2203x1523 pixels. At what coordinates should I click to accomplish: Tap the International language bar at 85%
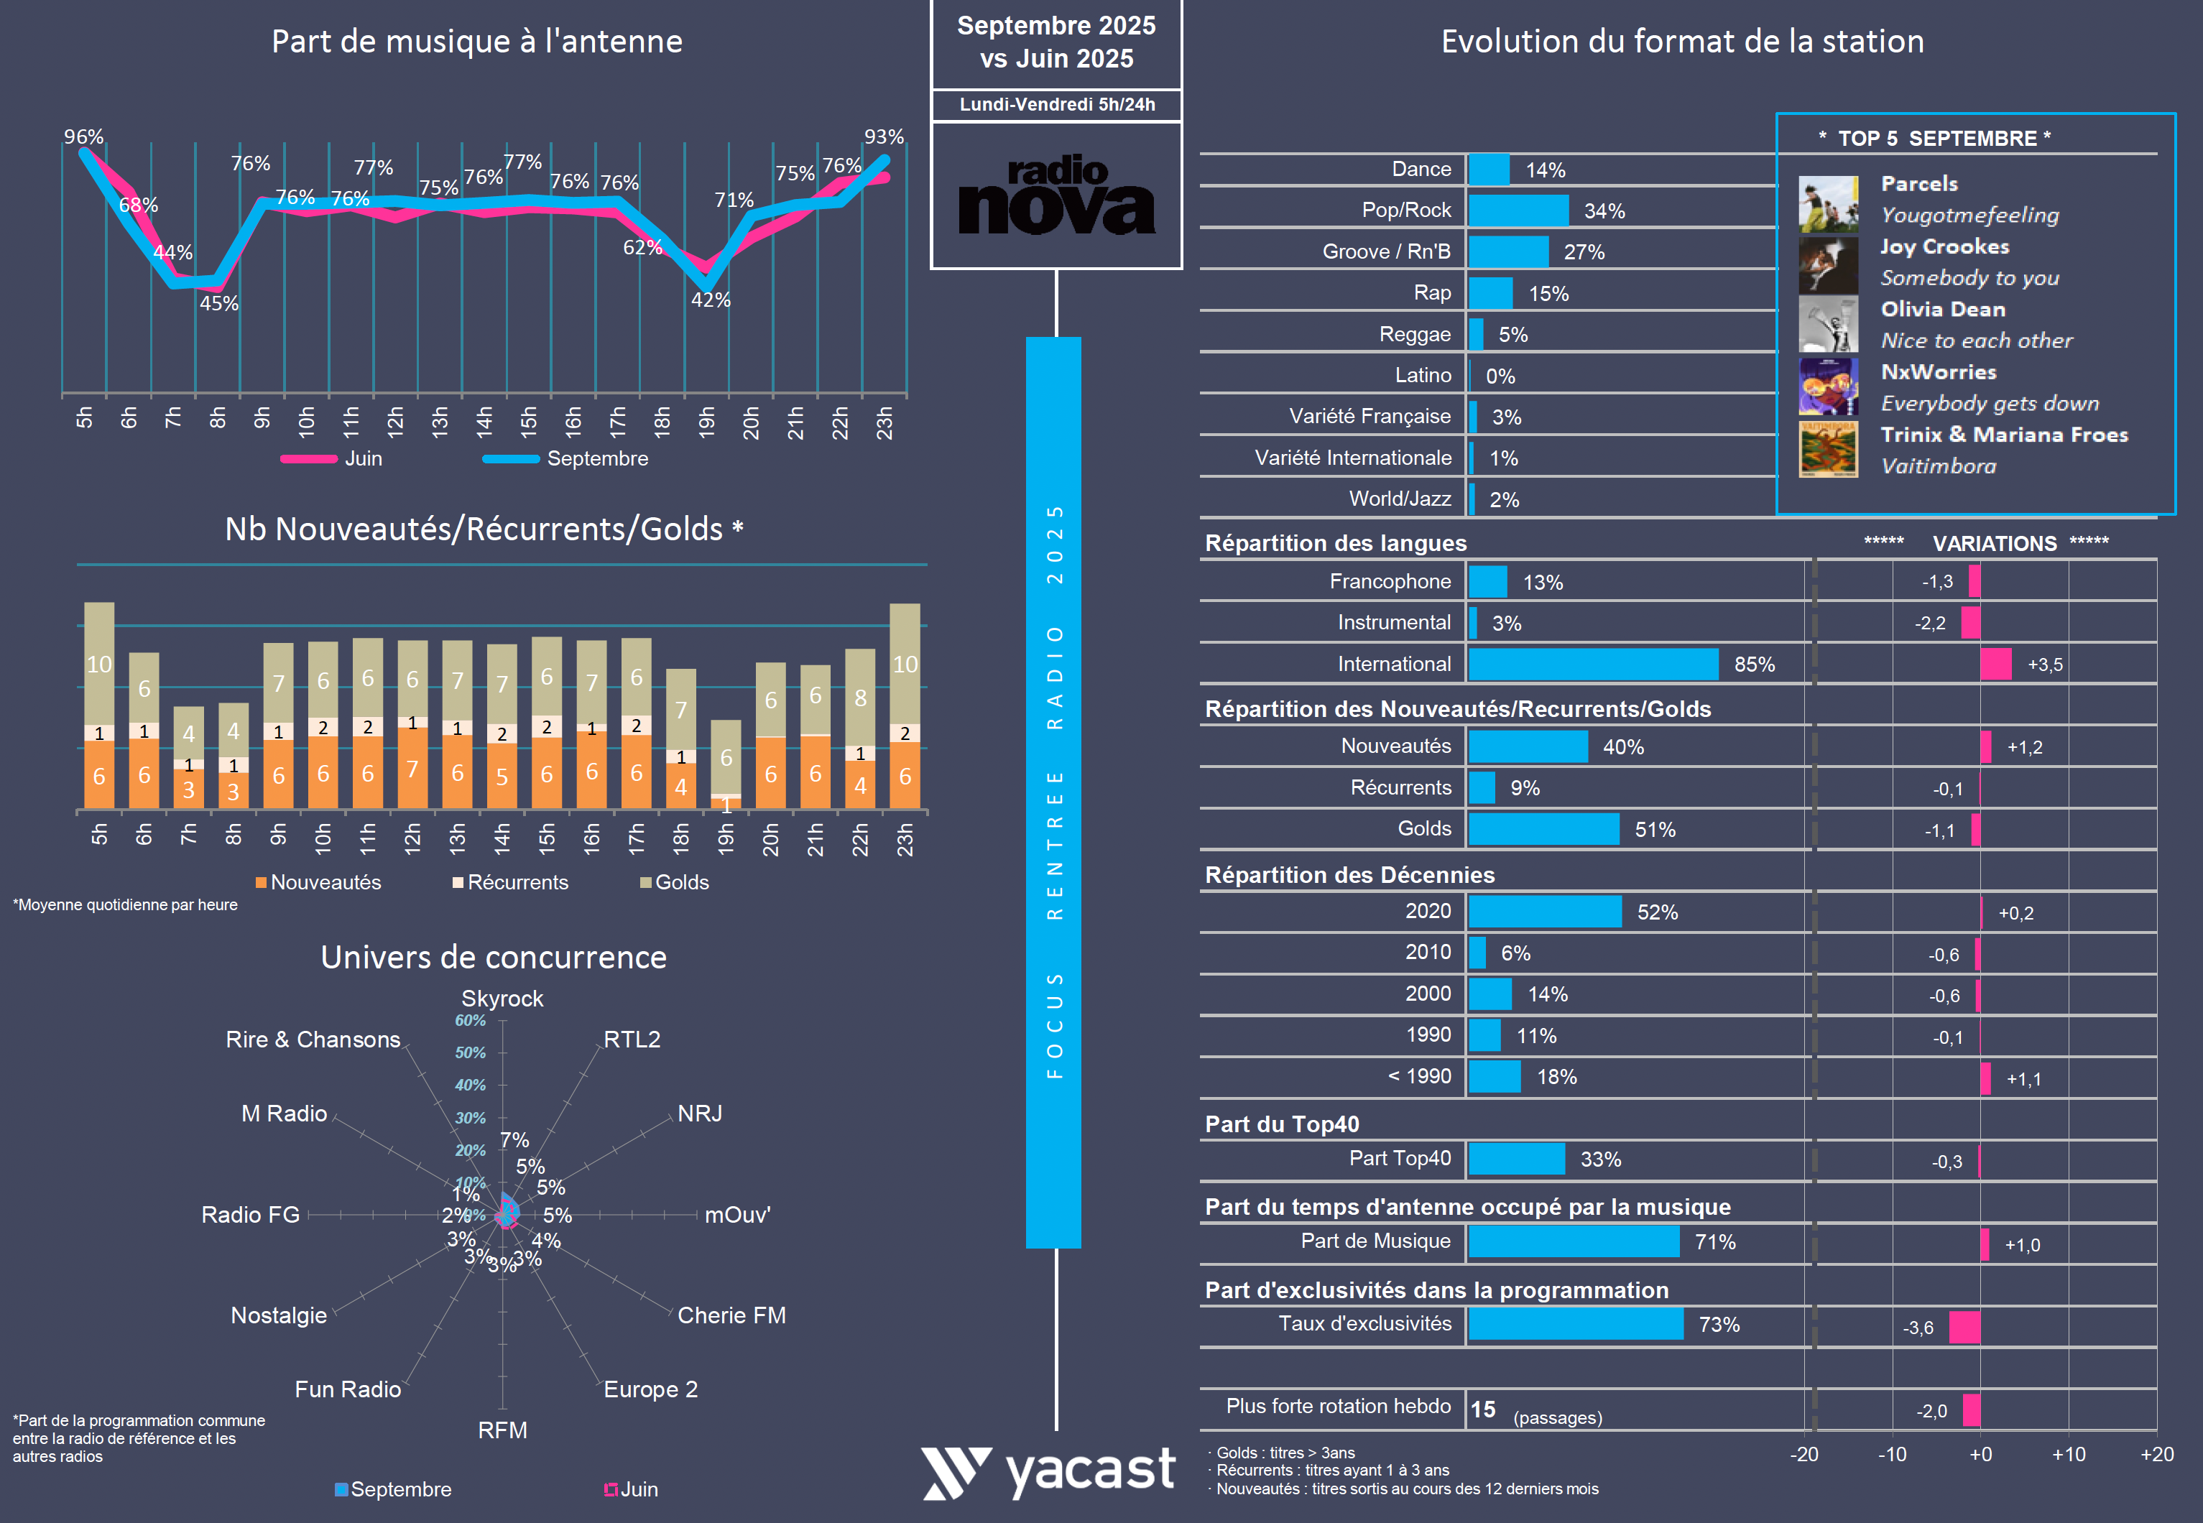pos(1592,665)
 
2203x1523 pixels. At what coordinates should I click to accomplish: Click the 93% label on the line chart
pos(883,136)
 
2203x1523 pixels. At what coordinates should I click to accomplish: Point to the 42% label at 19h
pos(710,300)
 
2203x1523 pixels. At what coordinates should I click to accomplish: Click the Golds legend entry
pos(674,883)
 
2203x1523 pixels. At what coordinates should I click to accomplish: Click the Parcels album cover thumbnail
pos(1828,203)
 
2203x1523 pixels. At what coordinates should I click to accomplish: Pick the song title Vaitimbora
pos(1938,466)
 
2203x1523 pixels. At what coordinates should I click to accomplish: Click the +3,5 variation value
pos(2044,665)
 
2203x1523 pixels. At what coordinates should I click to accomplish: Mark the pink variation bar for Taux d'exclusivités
pos(1964,1328)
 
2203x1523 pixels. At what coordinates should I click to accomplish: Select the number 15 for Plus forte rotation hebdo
pos(1482,1409)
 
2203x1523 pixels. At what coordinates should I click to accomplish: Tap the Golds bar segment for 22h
pos(860,697)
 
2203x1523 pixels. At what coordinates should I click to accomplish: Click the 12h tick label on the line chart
pos(395,421)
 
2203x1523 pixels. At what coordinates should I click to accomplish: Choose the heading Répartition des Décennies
pos(1349,875)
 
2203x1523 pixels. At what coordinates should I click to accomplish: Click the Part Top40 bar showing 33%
pos(1516,1159)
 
